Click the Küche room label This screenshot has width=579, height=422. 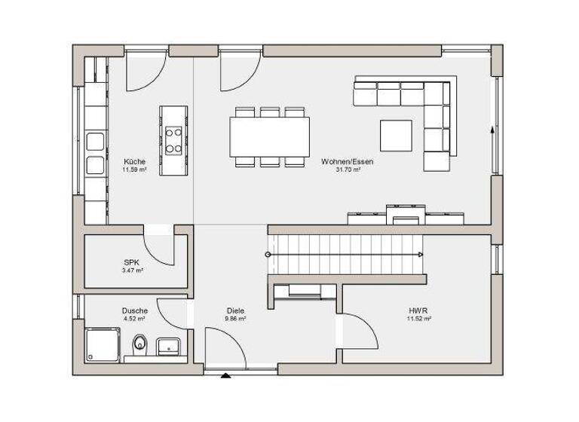point(135,162)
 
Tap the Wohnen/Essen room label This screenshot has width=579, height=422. point(347,162)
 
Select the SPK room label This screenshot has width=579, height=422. point(133,261)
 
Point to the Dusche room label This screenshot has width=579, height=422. point(135,310)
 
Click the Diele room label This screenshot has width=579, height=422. point(235,310)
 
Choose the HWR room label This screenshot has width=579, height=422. point(419,310)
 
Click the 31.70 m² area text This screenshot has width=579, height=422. point(347,170)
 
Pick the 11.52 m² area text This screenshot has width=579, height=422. point(419,319)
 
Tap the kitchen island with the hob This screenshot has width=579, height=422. point(173,140)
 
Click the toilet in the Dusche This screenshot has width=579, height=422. point(139,346)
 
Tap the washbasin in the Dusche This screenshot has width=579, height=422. point(167,347)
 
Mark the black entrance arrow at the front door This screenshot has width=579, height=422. point(225,373)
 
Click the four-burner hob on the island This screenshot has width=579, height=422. point(173,140)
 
